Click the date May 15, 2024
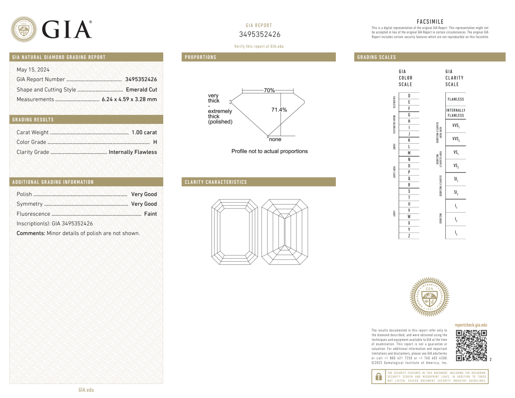click(x=33, y=70)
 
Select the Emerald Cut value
click(x=141, y=90)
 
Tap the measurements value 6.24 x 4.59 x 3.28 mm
click(x=129, y=99)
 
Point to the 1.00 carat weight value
click(x=144, y=132)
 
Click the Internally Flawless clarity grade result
click(x=133, y=152)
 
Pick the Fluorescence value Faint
click(x=150, y=214)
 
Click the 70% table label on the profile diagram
click(x=269, y=90)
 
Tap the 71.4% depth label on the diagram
click(x=279, y=110)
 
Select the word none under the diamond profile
click(x=275, y=139)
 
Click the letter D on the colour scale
click(x=409, y=96)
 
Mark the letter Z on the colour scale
click(x=409, y=236)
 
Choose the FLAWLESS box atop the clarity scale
click(x=456, y=99)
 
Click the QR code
click(x=471, y=345)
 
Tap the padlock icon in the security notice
click(x=378, y=377)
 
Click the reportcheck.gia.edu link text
click(x=471, y=325)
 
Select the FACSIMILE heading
click(x=430, y=22)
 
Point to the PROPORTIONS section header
click(x=200, y=57)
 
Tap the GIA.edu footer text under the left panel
click(x=86, y=390)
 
